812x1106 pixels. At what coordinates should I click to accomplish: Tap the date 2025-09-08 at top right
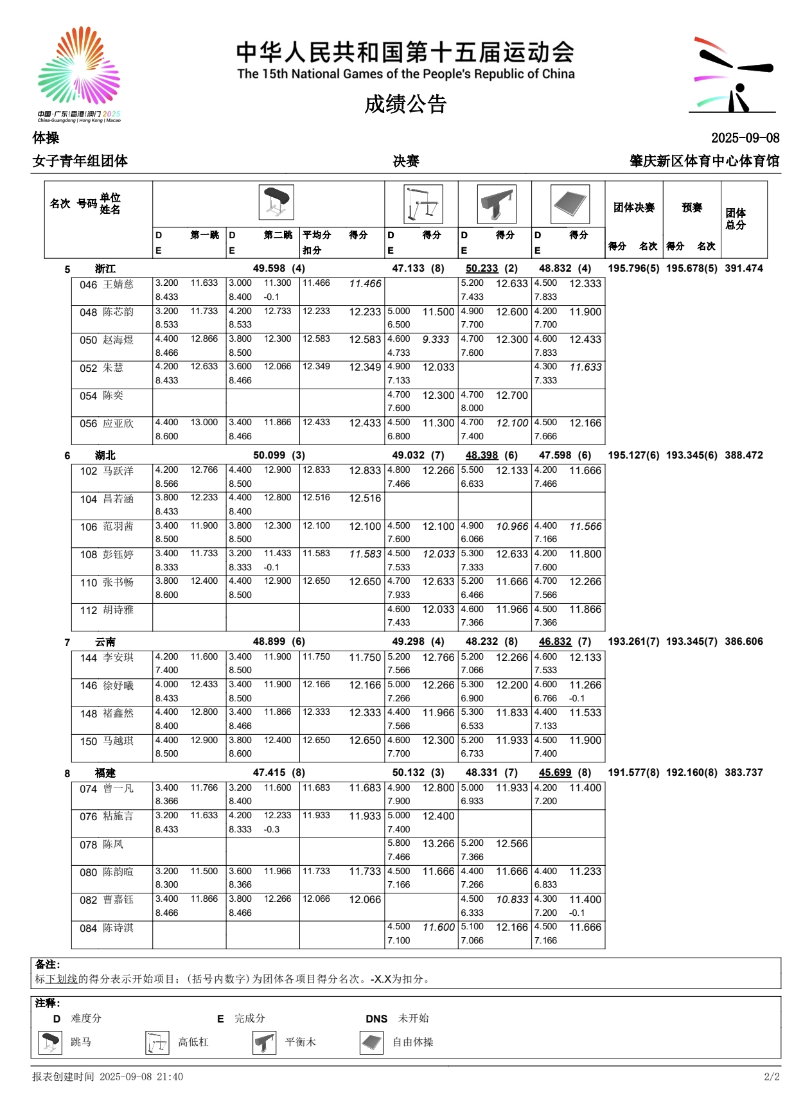click(x=745, y=138)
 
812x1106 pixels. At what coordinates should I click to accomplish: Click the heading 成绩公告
click(x=405, y=104)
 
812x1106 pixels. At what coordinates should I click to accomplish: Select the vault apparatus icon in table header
click(x=276, y=202)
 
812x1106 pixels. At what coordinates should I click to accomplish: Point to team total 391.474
click(x=744, y=268)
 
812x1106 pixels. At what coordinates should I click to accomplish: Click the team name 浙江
click(x=105, y=269)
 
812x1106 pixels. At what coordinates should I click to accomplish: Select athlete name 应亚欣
click(x=119, y=424)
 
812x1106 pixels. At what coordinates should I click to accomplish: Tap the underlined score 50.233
click(x=482, y=268)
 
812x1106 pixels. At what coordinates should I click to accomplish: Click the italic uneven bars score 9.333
click(x=436, y=340)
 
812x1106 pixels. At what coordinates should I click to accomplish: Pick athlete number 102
click(x=89, y=471)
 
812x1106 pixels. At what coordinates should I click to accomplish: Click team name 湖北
click(x=105, y=455)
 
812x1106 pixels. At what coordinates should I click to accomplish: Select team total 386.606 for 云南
click(x=744, y=642)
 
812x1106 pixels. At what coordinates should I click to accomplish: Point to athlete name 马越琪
click(x=119, y=741)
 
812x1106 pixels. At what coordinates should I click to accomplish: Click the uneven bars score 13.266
click(x=438, y=844)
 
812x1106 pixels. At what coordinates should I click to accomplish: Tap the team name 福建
click(x=105, y=773)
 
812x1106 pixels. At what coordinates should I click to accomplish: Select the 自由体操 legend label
click(x=413, y=1042)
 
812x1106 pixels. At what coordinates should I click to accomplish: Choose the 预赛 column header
click(x=692, y=207)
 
